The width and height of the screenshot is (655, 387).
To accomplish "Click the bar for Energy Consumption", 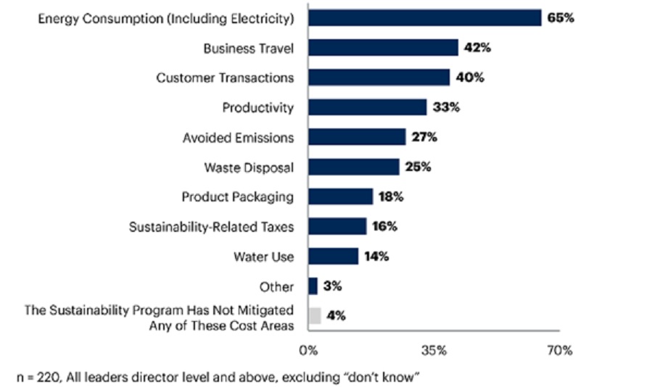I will [x=424, y=17].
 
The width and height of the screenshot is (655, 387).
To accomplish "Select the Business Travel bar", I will [x=383, y=48].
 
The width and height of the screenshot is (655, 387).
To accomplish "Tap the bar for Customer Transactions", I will [x=379, y=78].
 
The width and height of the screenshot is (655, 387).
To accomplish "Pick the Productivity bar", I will [x=367, y=107].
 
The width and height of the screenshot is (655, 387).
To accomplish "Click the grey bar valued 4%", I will [x=314, y=315].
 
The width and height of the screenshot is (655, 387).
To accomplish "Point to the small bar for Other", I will [x=313, y=286].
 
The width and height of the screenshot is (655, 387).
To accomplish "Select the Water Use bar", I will [x=333, y=257].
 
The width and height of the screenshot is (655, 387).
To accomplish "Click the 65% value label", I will [x=561, y=17].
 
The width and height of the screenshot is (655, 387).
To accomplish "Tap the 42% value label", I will [x=478, y=48].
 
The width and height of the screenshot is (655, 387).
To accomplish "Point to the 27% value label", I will [x=426, y=137].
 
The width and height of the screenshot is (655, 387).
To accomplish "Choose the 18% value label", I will [x=393, y=196].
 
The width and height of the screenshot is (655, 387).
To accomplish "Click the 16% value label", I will [x=386, y=226].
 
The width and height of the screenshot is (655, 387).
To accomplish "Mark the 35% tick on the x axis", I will [x=434, y=351].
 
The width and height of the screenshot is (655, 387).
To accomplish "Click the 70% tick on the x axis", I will [x=559, y=351].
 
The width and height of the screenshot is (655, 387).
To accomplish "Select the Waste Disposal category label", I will [x=248, y=167].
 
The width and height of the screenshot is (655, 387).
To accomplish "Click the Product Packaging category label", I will [x=237, y=197].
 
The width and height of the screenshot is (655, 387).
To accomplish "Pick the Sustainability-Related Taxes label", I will [x=211, y=227].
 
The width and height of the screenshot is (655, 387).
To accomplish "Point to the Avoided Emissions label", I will [x=238, y=138].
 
